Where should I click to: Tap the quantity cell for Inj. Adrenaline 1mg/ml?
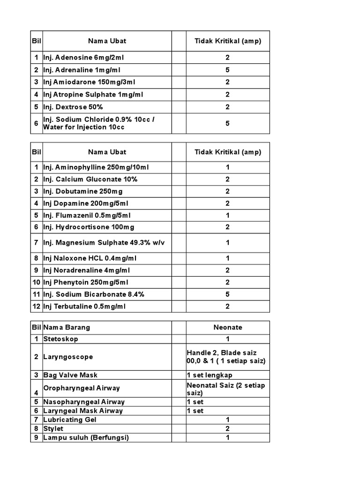[x=227, y=70]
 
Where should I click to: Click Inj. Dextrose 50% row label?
[x=73, y=107]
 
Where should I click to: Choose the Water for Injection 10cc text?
[x=84, y=127]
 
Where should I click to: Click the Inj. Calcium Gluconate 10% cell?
[x=90, y=180]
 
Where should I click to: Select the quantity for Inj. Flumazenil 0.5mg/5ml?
[x=227, y=216]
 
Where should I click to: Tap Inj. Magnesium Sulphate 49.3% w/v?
[x=104, y=242]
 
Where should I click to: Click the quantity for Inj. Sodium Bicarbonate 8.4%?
[x=227, y=294]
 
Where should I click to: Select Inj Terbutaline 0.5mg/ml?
[x=84, y=307]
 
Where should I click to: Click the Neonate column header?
[x=227, y=328]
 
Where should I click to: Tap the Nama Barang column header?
[x=67, y=328]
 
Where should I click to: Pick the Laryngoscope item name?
[x=68, y=357]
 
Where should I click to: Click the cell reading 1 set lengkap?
[x=210, y=375]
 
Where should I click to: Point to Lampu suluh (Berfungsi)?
[x=86, y=437]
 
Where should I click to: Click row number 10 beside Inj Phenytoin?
[x=36, y=282]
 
